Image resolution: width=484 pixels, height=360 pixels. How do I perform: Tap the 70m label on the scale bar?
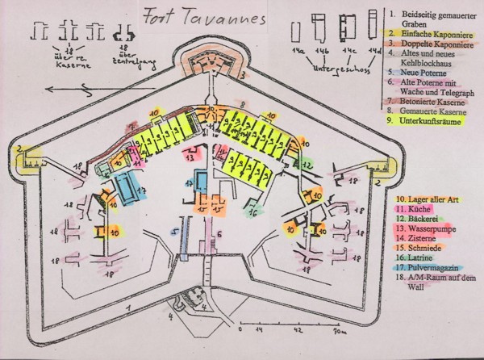339,331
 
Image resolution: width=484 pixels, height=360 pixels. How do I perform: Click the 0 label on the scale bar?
240,331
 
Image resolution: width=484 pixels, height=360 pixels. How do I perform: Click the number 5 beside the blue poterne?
173,230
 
